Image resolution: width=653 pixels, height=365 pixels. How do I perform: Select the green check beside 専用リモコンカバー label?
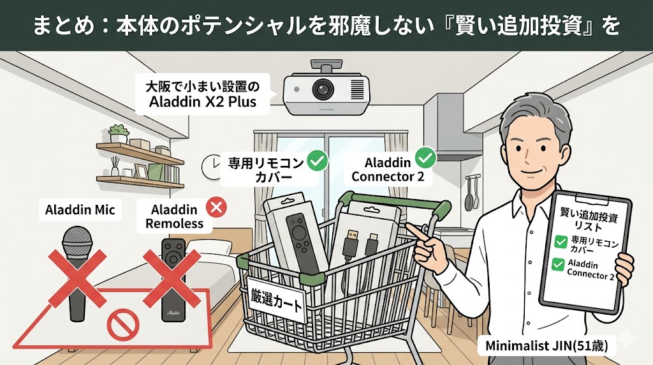318,161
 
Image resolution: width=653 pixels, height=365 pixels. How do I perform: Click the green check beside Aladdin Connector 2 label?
425,158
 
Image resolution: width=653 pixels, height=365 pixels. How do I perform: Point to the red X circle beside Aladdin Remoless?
217,207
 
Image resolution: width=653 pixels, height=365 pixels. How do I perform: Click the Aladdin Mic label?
80,209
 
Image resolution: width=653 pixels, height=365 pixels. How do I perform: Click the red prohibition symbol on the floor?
123,325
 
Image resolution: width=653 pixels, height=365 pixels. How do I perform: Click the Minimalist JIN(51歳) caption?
547,346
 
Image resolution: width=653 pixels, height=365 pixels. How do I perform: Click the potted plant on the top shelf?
119,134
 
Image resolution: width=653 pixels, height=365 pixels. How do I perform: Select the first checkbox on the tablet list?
561,241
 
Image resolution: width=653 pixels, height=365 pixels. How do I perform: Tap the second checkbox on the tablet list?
558,265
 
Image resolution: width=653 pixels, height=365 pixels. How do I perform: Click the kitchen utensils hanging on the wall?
470,193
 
